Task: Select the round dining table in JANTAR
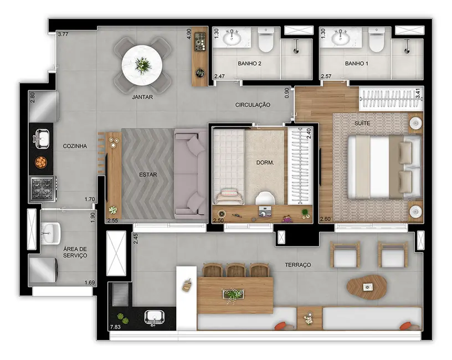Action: (x=142, y=64)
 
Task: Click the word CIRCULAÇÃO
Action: (x=252, y=104)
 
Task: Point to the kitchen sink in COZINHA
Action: (x=43, y=138)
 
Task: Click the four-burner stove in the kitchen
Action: (x=43, y=188)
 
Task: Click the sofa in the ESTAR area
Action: (x=190, y=173)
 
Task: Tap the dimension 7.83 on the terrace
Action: (x=115, y=327)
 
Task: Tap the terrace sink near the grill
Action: (x=153, y=317)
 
